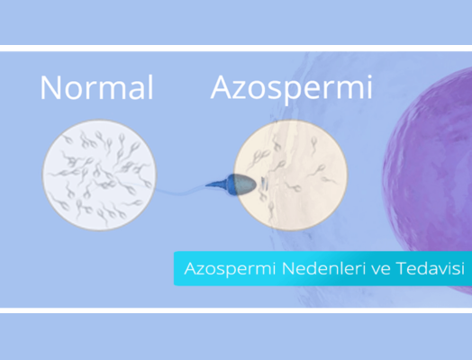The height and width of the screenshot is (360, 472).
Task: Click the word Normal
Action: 97,87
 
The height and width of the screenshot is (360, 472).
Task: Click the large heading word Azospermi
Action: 292,90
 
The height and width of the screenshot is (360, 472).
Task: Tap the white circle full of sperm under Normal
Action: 99,175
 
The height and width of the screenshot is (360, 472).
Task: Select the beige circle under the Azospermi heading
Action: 291,175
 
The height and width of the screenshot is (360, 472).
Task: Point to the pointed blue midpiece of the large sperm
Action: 218,184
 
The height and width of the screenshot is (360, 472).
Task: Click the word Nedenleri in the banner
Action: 323,268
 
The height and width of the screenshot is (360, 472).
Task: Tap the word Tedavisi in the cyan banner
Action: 431,268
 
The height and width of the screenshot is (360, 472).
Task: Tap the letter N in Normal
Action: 50,87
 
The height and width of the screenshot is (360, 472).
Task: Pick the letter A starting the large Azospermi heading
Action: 222,86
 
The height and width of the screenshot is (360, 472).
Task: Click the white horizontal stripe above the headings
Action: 236,48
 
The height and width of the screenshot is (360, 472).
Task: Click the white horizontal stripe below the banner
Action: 236,310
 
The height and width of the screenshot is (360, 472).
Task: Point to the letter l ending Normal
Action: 150,87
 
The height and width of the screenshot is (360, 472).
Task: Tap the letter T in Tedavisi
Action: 401,268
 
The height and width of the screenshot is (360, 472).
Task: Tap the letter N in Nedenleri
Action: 287,268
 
